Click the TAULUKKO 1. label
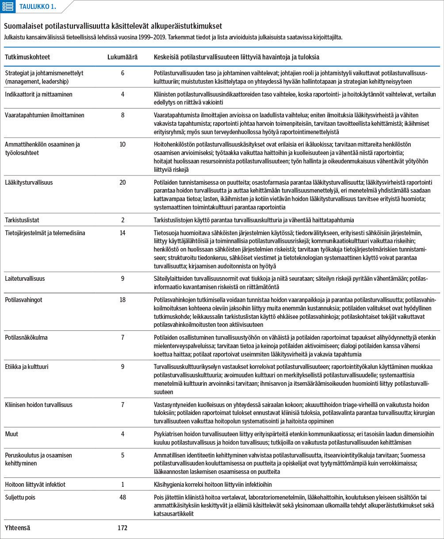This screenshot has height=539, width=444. tap(38, 6)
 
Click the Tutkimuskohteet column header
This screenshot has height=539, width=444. tap(27, 58)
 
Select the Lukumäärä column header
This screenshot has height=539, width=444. tap(122, 58)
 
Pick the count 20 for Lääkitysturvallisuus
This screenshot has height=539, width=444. tap(122, 182)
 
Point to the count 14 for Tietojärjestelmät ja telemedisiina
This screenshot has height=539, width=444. tap(122, 233)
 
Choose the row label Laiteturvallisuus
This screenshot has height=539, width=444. tap(25, 279)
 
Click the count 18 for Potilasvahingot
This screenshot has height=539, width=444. tap(122, 300)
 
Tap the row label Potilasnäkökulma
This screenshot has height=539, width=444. tap(26, 337)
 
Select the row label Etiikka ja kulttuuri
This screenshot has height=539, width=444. tap(27, 367)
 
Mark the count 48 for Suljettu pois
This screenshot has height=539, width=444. tap(122, 497)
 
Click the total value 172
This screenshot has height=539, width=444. tap(122, 528)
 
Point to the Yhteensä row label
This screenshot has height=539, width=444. tap(18, 528)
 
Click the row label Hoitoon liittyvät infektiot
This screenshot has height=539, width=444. tap(35, 485)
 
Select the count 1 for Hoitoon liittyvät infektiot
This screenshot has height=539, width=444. tap(122, 485)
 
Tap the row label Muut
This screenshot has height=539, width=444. tap(12, 434)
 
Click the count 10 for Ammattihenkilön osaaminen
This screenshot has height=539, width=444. tap(122, 144)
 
